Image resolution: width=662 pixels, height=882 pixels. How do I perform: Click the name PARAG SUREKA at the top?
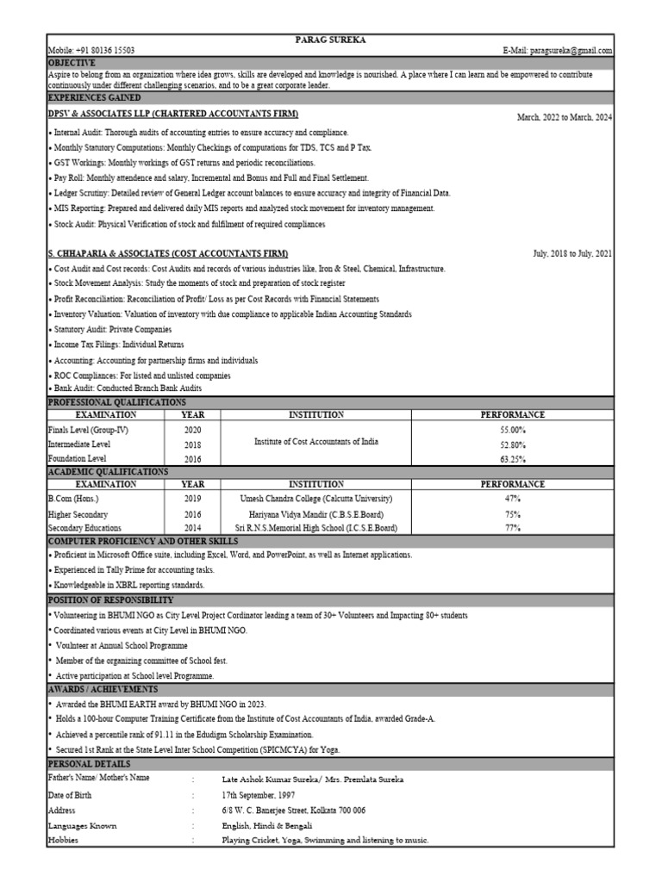tap(331, 40)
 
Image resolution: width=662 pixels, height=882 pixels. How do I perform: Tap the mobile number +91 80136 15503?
tap(91, 51)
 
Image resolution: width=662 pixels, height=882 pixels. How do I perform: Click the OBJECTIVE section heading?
tap(72, 63)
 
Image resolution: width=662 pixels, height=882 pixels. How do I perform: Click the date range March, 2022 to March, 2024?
tap(565, 117)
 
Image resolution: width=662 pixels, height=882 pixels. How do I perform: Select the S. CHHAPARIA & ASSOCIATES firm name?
tap(168, 253)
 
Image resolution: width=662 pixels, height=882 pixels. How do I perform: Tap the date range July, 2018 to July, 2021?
tap(573, 253)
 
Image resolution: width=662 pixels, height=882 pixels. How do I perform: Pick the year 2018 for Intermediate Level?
tap(192, 444)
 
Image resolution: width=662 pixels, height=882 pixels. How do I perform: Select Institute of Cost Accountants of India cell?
tap(315, 442)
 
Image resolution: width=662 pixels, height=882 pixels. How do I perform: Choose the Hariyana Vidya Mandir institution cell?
tap(315, 513)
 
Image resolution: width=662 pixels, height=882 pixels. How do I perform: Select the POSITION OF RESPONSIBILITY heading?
tap(111, 599)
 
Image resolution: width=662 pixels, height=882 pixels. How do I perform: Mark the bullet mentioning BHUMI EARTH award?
tap(159, 704)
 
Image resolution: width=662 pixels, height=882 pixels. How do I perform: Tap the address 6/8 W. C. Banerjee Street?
tap(294, 811)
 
